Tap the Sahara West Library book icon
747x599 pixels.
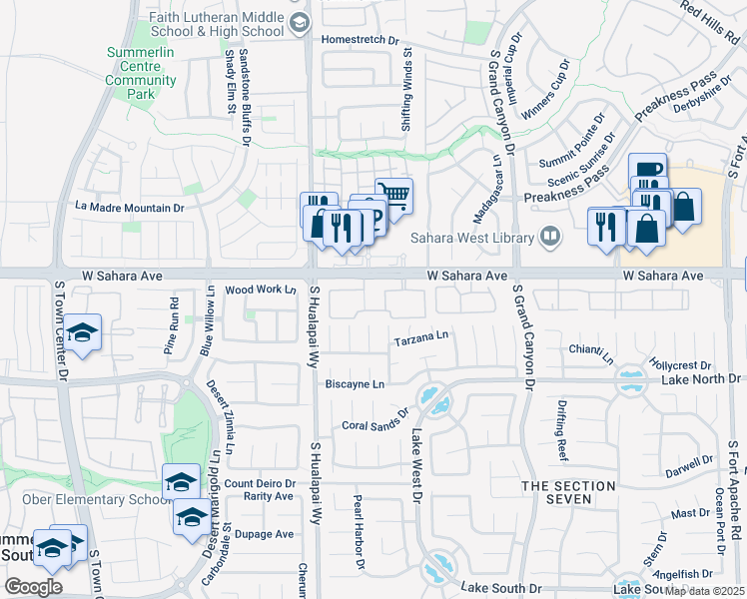[x=549, y=237]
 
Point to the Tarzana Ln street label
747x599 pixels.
[x=421, y=337]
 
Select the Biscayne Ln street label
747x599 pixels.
[x=355, y=384]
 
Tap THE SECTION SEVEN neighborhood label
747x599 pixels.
[x=563, y=492]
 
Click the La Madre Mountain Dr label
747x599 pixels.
[x=131, y=208]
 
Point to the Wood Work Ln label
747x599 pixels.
[x=262, y=290]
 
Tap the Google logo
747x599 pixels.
[x=34, y=586]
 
